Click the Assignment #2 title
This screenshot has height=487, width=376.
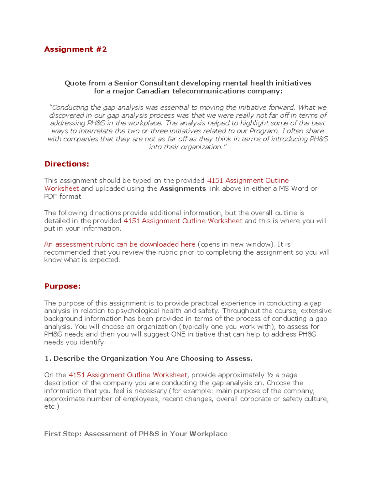(x=75, y=49)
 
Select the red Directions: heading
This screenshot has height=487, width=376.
(x=67, y=164)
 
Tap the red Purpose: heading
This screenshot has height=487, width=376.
(x=62, y=286)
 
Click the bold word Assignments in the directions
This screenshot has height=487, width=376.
(x=183, y=188)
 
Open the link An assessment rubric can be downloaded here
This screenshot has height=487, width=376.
(x=120, y=244)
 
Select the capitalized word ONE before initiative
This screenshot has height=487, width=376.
(x=178, y=334)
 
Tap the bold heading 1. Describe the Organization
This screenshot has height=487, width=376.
(x=149, y=358)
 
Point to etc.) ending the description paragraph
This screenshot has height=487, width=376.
(x=52, y=406)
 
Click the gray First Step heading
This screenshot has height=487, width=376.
(x=136, y=434)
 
